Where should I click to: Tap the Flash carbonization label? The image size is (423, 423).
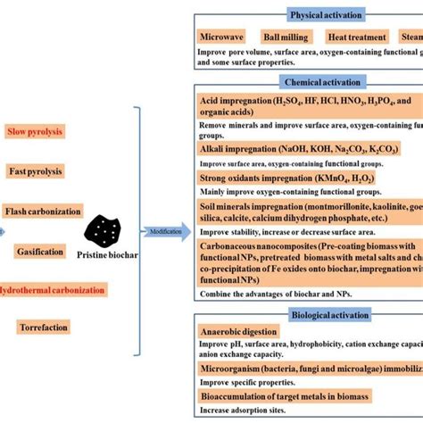[42, 211]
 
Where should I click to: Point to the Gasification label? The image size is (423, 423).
[39, 252]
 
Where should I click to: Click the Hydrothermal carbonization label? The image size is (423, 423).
[54, 290]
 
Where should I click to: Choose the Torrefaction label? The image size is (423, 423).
[42, 328]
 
